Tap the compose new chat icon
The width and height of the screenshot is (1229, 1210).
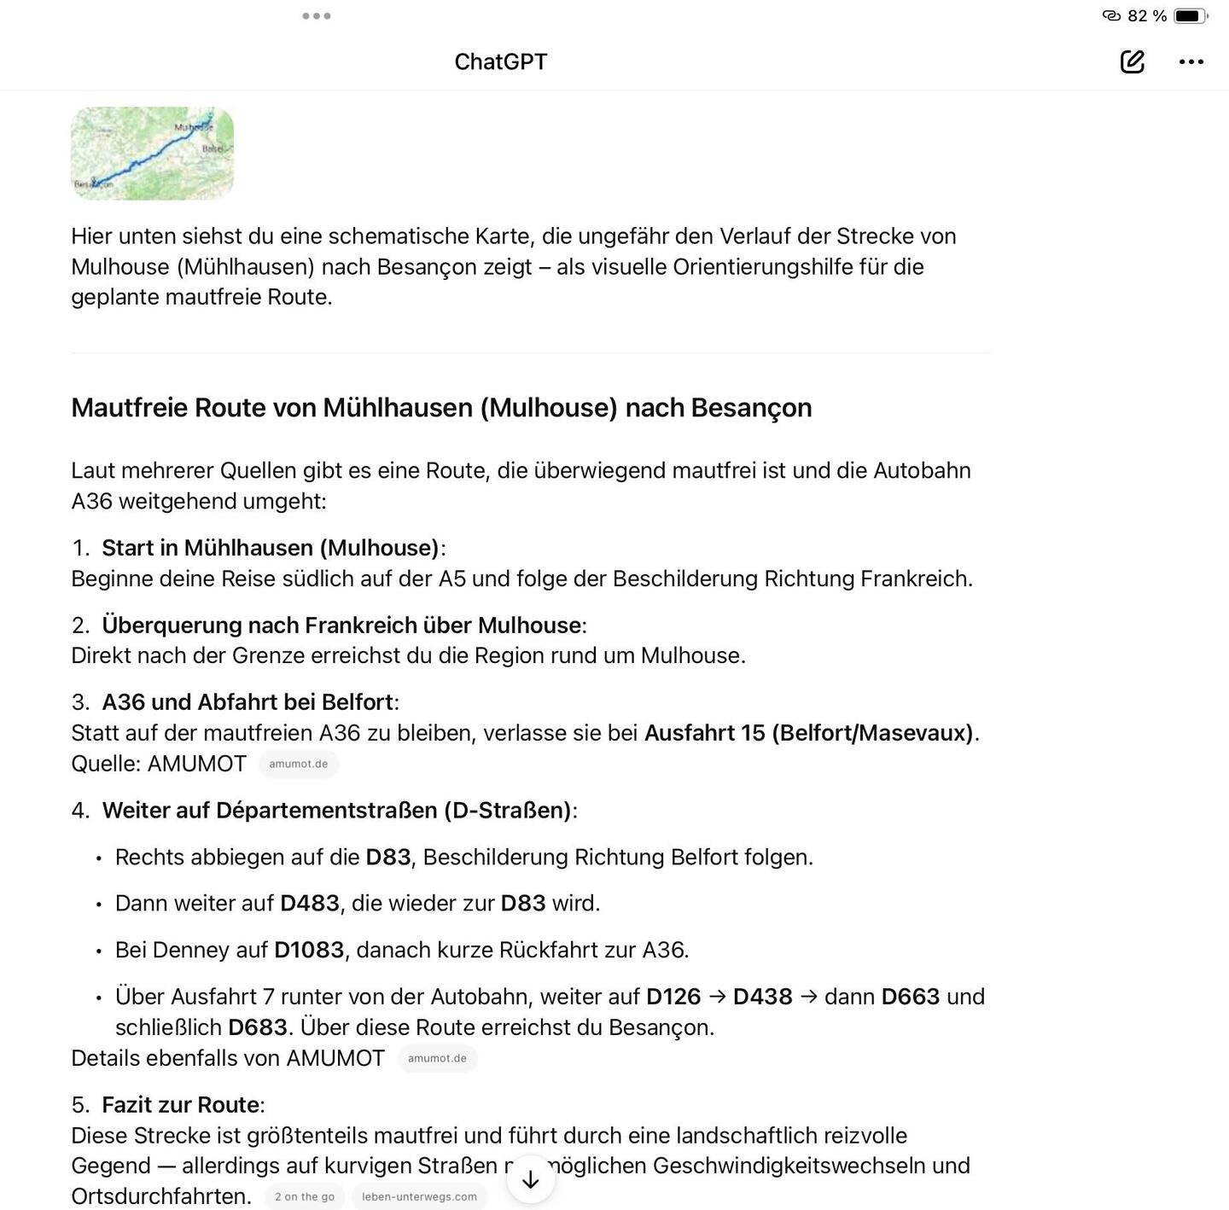1132,61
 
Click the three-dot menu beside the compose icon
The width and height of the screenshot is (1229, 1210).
1191,61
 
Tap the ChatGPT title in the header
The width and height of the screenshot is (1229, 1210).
500,61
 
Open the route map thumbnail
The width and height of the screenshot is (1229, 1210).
152,154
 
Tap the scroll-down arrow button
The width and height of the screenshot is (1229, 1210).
530,1179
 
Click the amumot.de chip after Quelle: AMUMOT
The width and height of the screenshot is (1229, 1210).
298,764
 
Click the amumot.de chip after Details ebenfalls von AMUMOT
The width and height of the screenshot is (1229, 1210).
437,1058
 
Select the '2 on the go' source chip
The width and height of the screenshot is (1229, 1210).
305,1196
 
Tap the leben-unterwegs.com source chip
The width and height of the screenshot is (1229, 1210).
419,1196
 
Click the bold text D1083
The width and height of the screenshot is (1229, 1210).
309,950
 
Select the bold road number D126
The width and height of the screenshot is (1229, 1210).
673,997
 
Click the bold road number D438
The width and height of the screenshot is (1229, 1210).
762,997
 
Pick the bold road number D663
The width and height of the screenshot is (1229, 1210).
910,997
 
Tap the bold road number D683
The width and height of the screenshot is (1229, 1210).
257,1027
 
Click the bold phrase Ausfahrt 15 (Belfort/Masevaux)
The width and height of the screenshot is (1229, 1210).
808,733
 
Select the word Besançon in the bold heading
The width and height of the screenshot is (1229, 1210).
751,408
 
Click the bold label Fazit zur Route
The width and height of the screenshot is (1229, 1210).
180,1105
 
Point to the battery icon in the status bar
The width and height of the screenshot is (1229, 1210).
1189,15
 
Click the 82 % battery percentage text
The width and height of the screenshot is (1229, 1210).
1146,15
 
